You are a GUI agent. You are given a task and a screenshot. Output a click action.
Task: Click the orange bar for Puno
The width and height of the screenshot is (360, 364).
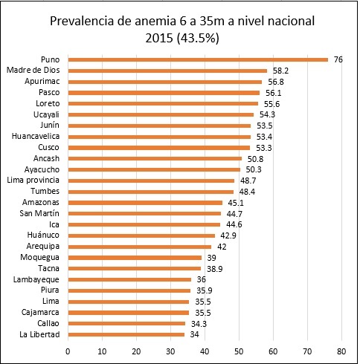(198, 59)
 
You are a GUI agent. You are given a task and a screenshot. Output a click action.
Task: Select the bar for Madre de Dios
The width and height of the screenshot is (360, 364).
(167, 71)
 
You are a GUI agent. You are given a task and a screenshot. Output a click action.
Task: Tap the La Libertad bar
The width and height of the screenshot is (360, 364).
(126, 334)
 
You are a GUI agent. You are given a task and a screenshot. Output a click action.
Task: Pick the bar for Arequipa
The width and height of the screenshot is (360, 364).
(140, 247)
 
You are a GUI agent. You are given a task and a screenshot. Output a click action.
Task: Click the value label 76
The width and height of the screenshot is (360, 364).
(338, 59)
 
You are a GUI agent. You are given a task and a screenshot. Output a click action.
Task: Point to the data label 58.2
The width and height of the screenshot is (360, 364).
(280, 71)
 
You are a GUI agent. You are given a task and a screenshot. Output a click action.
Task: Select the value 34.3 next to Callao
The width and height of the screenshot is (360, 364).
(199, 324)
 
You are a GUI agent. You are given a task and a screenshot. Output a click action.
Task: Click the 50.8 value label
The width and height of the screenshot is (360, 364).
(255, 159)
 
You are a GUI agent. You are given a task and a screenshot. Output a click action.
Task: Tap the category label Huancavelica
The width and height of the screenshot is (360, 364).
(36, 136)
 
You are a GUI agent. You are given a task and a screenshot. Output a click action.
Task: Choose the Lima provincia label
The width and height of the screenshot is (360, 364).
(33, 180)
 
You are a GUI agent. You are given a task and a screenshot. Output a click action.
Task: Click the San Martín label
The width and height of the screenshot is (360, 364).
(39, 213)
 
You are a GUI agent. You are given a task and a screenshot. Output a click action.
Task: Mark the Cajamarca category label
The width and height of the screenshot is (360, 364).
(40, 312)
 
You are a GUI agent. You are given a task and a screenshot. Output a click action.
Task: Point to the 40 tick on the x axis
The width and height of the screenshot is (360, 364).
(205, 351)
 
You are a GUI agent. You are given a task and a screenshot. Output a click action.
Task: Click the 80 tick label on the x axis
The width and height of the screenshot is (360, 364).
(341, 351)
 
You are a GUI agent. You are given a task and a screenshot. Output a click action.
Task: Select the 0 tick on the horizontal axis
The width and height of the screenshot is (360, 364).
(68, 351)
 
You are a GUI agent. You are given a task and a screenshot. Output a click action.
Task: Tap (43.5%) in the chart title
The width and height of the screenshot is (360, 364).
(198, 39)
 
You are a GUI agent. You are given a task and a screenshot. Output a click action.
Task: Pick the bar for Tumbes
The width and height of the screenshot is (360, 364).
(151, 192)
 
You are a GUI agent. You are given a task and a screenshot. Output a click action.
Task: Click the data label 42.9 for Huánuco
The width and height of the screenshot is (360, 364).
(228, 235)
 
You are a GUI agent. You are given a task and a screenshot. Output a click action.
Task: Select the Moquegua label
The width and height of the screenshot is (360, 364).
(39, 257)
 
